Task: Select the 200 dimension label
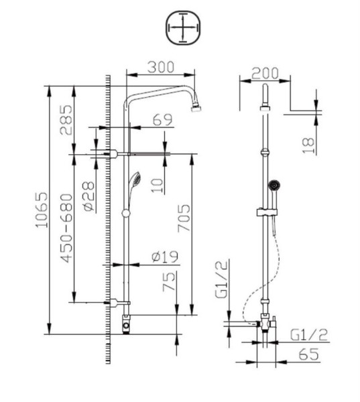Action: [x=265, y=72]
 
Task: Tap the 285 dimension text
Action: [x=66, y=120]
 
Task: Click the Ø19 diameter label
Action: [x=164, y=256]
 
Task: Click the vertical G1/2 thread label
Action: [x=221, y=281]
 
